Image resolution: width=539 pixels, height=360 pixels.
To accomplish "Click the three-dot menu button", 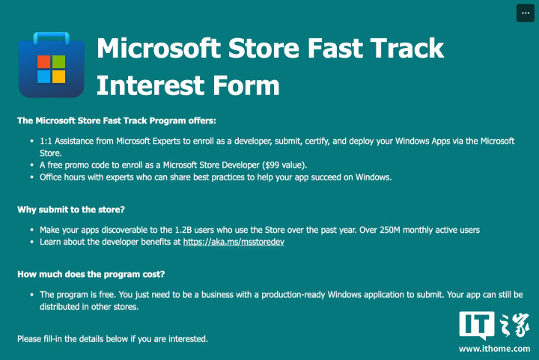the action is click(x=525, y=13).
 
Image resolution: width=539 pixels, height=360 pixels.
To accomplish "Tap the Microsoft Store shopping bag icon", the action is click(x=52, y=65).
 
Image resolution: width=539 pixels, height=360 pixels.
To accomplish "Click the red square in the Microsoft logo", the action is click(x=44, y=62).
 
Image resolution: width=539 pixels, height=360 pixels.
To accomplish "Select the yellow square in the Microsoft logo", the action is click(x=59, y=76).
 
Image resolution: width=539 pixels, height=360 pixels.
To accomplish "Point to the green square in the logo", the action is click(x=59, y=62).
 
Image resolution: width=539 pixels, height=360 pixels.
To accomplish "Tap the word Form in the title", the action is click(x=246, y=85).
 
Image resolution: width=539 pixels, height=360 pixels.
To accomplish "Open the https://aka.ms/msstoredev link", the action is click(x=234, y=242).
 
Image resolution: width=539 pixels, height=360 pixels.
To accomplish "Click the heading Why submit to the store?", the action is click(x=71, y=210).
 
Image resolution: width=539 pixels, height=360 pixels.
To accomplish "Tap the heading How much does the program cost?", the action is click(x=91, y=274).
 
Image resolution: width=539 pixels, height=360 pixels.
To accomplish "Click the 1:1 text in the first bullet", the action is click(x=46, y=141).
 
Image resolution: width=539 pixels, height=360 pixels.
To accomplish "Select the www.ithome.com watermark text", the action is click(x=494, y=349).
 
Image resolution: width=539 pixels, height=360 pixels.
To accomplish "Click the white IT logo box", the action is click(x=477, y=324).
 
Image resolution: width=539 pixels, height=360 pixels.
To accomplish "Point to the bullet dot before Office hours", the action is click(x=32, y=177).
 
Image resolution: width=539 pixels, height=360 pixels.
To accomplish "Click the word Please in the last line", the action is click(x=29, y=339).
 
